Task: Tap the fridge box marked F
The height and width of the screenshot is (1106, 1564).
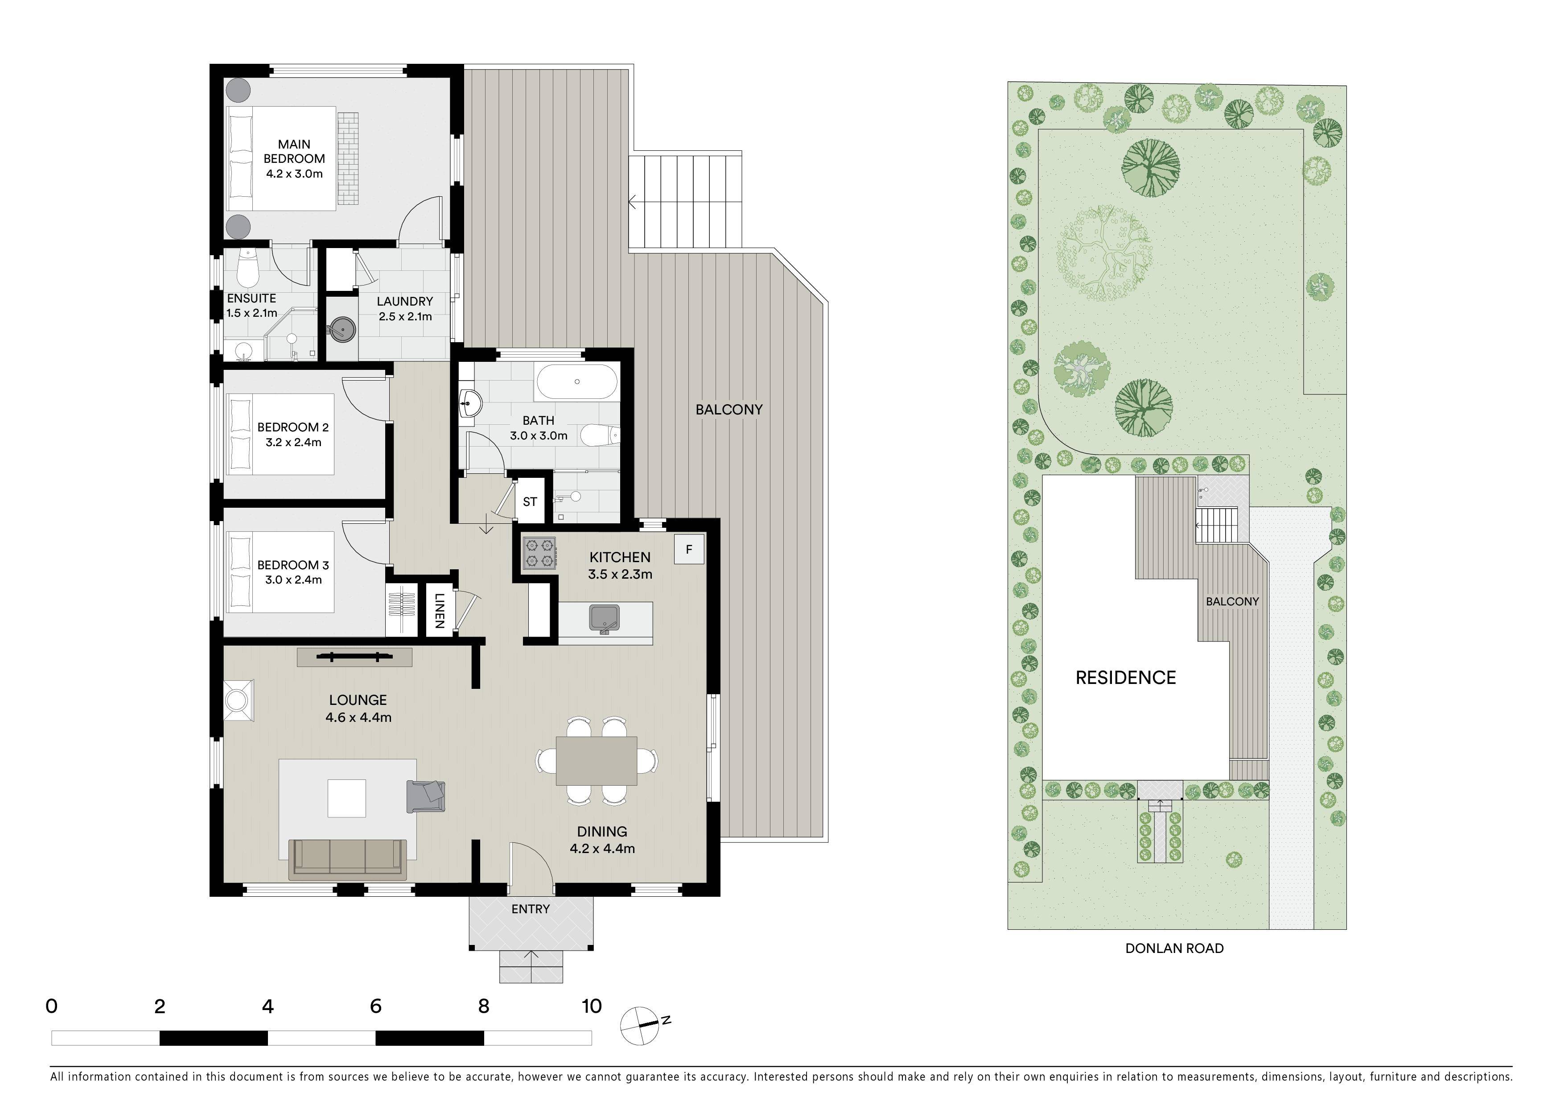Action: coord(689,549)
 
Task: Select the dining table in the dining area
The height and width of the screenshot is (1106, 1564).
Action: coord(597,761)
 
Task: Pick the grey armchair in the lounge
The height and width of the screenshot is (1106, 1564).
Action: coord(426,796)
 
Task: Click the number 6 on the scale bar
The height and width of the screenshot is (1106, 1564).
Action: coord(375,1007)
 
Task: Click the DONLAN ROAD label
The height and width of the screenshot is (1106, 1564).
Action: coord(1174,948)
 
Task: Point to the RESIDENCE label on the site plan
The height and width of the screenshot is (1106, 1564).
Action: coord(1125,677)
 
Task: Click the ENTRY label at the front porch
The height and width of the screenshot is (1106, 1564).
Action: coord(530,909)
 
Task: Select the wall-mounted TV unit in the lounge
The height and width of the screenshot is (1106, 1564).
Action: coord(354,657)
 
